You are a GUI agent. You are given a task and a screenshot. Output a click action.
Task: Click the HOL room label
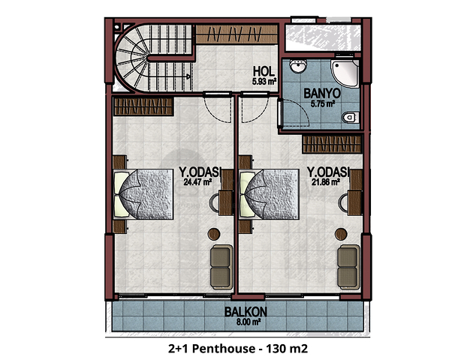click(264, 71)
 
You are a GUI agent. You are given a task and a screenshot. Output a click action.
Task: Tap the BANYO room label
click(322, 93)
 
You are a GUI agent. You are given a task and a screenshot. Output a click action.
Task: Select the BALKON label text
click(246, 312)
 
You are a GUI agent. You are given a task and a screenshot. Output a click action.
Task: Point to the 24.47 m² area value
click(197, 182)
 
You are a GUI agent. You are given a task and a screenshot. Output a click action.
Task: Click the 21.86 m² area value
click(325, 182)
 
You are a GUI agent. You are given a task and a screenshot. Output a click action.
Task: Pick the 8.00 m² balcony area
click(249, 322)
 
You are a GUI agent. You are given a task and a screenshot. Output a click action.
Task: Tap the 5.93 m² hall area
click(264, 81)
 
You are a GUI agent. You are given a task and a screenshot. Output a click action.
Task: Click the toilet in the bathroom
click(351, 117)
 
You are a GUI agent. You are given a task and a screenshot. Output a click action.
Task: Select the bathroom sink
click(298, 66)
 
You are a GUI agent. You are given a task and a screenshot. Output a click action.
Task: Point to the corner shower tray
click(345, 73)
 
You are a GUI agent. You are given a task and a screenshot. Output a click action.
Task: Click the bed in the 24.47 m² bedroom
click(143, 194)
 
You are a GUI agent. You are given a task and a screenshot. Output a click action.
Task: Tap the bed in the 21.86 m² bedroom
click(269, 194)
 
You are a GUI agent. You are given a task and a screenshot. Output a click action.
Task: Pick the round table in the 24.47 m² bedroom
click(214, 234)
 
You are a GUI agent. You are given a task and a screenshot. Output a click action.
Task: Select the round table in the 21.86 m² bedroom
click(341, 234)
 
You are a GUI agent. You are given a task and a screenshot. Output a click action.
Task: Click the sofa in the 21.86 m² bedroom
click(348, 267)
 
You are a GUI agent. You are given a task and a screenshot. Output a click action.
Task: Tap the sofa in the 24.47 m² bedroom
click(221, 267)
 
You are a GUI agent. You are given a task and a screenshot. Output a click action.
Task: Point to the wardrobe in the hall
click(236, 34)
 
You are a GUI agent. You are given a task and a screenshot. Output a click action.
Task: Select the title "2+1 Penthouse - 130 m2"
click(238, 349)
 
